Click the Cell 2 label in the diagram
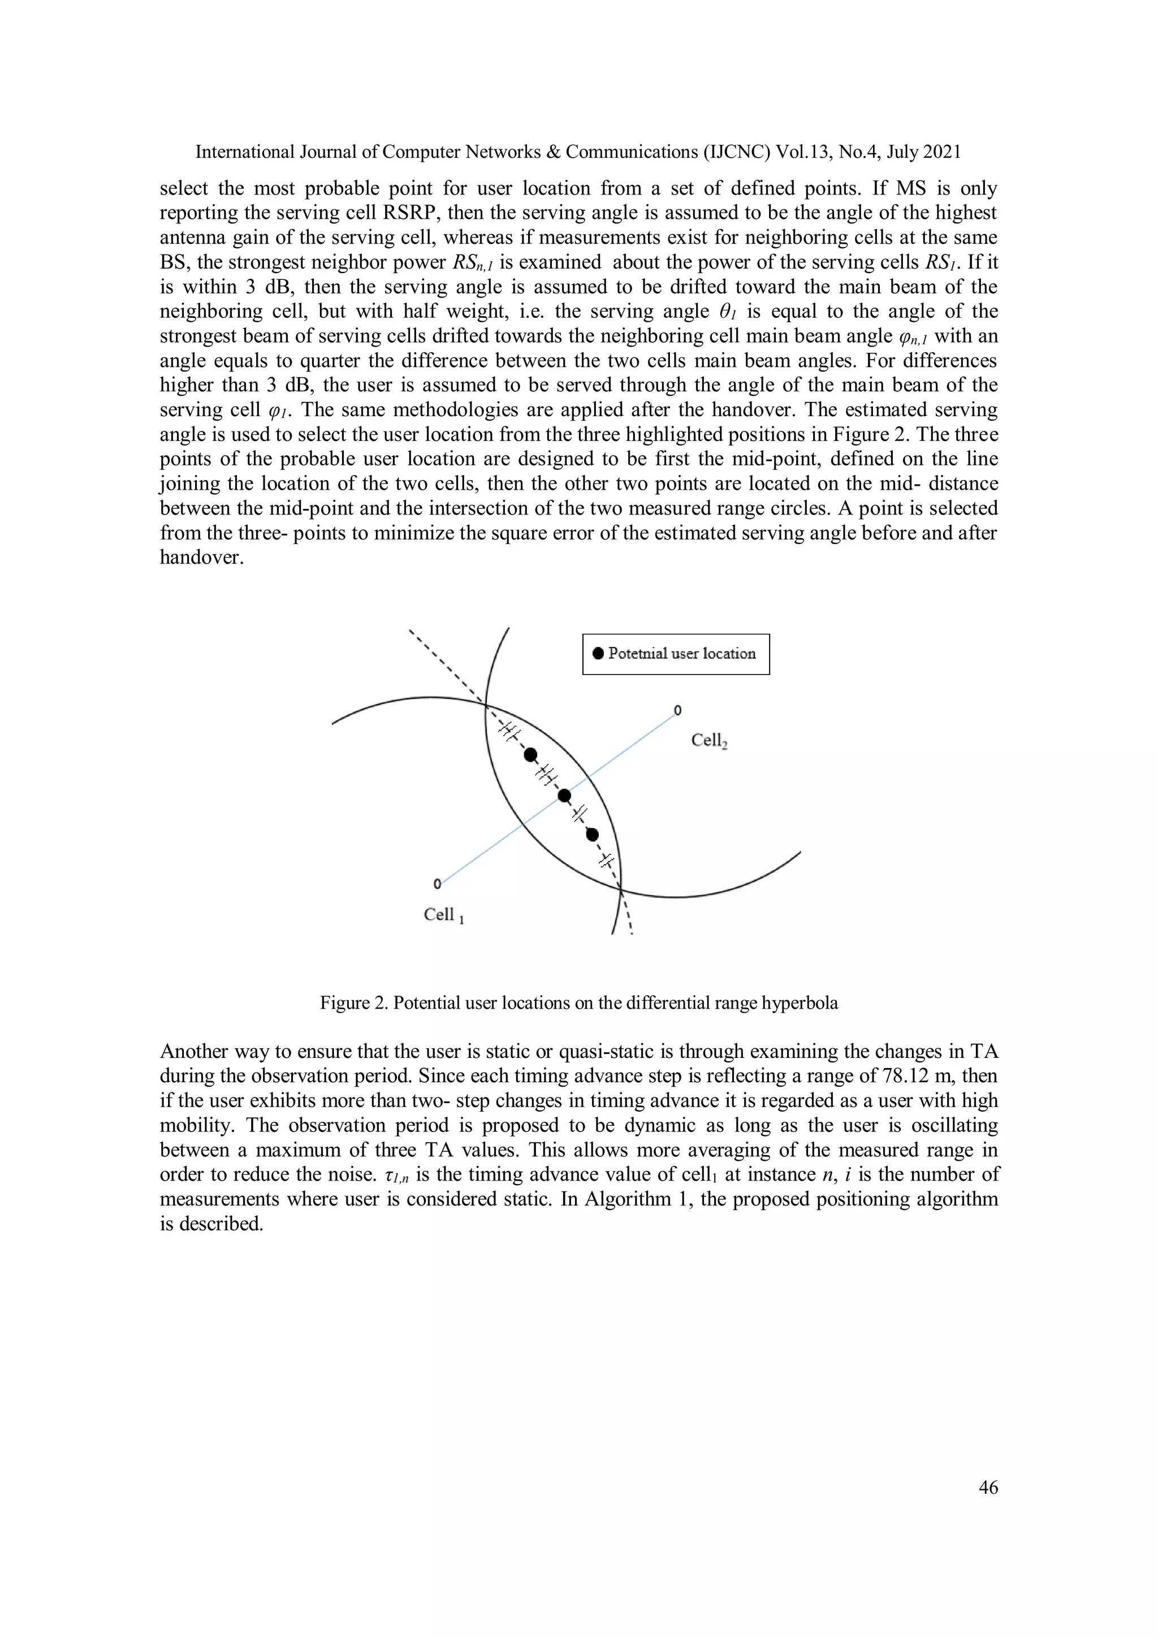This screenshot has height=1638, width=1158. click(709, 741)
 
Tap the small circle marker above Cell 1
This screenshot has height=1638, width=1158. click(438, 884)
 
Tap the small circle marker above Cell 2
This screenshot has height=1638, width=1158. click(677, 711)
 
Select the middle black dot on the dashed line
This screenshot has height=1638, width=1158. click(564, 795)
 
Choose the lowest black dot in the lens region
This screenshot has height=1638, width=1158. click(592, 834)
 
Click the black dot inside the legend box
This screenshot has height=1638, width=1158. click(598, 654)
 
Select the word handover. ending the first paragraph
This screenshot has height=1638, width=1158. click(201, 557)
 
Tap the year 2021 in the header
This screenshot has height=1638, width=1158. click(942, 152)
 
